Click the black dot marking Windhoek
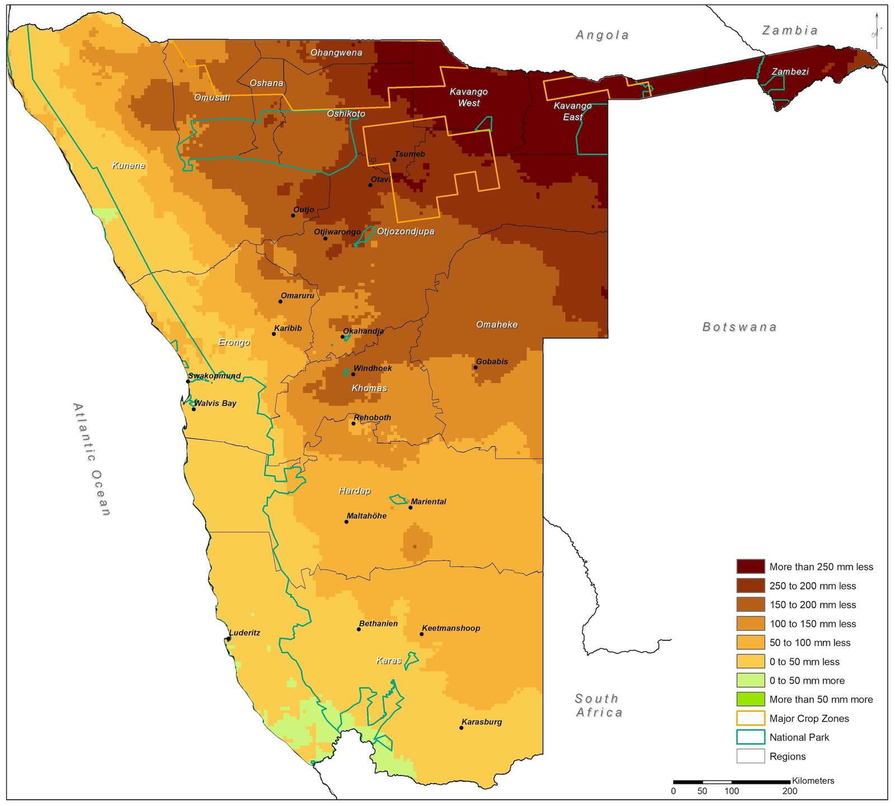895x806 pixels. tap(353, 374)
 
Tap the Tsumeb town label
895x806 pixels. tap(409, 154)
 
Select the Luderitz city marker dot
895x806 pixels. tap(229, 639)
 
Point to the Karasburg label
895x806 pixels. tap(481, 721)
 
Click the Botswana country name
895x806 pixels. tap(739, 327)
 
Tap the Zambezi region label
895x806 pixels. tap(790, 71)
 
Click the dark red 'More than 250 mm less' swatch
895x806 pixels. tap(750, 566)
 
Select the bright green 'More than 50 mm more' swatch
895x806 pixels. tap(750, 699)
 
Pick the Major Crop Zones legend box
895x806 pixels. tap(750, 718)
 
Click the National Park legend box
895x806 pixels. tap(750, 737)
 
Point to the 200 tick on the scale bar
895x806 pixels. tap(789, 791)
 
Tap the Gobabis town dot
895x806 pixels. tap(475, 367)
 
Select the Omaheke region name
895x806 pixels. tap(497, 325)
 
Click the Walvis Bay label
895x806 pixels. tap(215, 403)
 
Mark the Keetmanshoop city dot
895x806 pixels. tap(421, 634)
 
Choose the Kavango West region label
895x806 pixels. tap(469, 97)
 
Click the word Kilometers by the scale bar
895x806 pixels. tap(813, 780)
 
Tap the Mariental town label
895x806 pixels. tap(428, 502)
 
